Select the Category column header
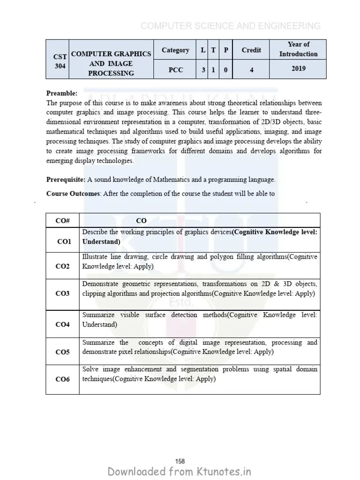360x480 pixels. (175, 50)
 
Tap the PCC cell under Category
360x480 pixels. (175, 69)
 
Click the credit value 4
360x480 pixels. (252, 69)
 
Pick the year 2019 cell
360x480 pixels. (298, 68)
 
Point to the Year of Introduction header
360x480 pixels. (298, 49)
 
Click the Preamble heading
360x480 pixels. (62, 93)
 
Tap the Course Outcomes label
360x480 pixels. (73, 193)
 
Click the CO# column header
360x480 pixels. (62, 220)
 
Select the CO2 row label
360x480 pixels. (62, 266)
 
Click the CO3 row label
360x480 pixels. (62, 293)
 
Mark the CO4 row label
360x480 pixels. (62, 324)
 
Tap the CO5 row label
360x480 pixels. (62, 352)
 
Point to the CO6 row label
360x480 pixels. (62, 379)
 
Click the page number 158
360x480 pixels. (180, 449)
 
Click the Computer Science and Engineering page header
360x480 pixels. (231, 26)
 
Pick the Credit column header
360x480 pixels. (252, 50)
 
